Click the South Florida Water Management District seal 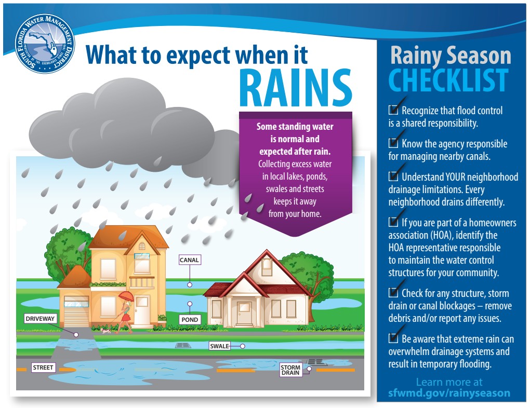(45, 44)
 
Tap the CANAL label (190, 260)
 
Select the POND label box (190, 320)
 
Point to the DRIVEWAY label (40, 319)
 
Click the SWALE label (220, 346)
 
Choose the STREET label (43, 368)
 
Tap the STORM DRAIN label (290, 370)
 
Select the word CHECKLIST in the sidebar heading (448, 80)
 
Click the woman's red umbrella (126, 296)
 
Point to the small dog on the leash (105, 331)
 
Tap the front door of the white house (244, 313)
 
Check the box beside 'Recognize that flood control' (393, 110)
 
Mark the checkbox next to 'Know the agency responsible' (393, 143)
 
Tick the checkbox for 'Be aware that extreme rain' (393, 338)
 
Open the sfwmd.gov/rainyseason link (449, 393)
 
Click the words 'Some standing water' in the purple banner (295, 127)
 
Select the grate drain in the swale (183, 346)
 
